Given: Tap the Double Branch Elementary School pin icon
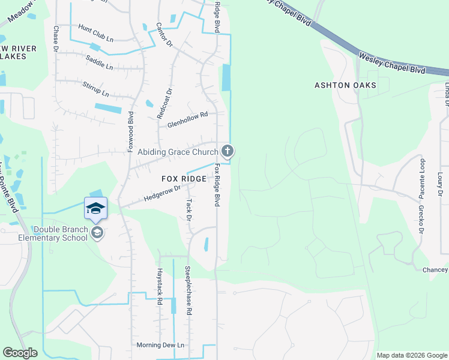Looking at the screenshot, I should click(96, 233).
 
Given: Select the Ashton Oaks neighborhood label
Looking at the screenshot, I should click(345, 85).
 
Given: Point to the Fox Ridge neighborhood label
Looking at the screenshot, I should click(184, 179).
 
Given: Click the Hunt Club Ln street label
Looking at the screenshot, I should click(95, 34).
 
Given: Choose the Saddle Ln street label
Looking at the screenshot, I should click(99, 62).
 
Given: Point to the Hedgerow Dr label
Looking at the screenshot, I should click(162, 193).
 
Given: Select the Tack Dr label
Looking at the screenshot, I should click(188, 210).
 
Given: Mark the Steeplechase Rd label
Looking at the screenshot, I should click(188, 290).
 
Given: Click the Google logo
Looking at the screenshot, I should click(20, 353).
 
